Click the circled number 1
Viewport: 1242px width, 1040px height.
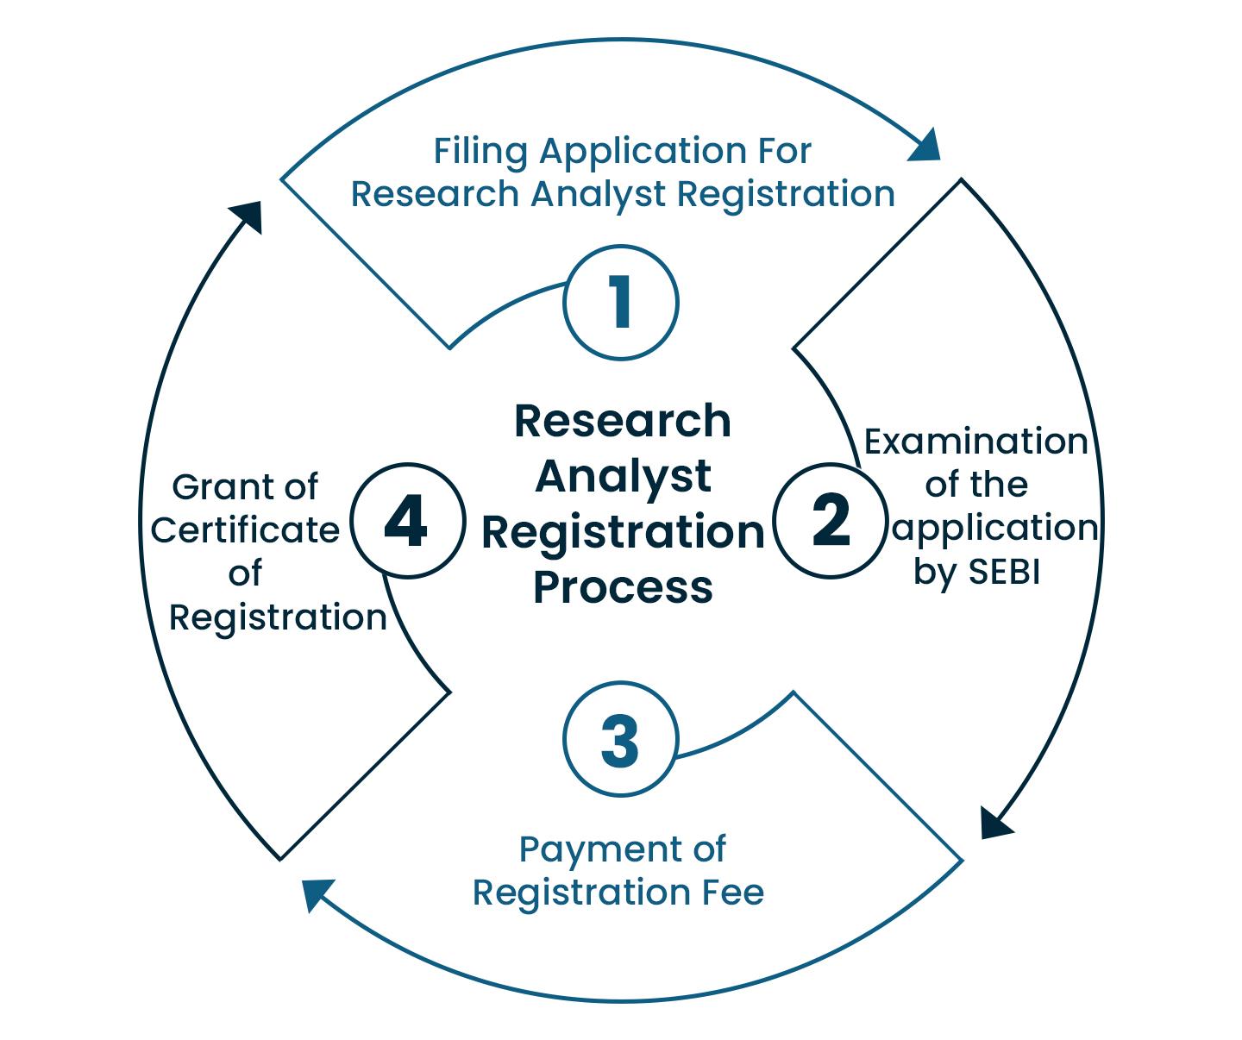(x=621, y=303)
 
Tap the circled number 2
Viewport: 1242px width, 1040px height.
(x=831, y=521)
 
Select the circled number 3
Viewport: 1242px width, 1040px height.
(x=621, y=740)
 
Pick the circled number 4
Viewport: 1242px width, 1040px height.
(x=405, y=521)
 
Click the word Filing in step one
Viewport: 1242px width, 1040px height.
(x=480, y=152)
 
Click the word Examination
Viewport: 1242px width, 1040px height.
(x=975, y=442)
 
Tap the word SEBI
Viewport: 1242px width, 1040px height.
(x=1004, y=572)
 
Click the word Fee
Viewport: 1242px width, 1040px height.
(x=734, y=893)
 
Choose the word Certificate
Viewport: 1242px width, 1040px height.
(x=245, y=530)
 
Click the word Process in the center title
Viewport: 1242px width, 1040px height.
(x=623, y=586)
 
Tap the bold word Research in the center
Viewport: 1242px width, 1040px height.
(x=623, y=421)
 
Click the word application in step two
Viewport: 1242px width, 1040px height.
(x=995, y=528)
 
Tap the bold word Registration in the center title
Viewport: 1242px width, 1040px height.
(x=623, y=531)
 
